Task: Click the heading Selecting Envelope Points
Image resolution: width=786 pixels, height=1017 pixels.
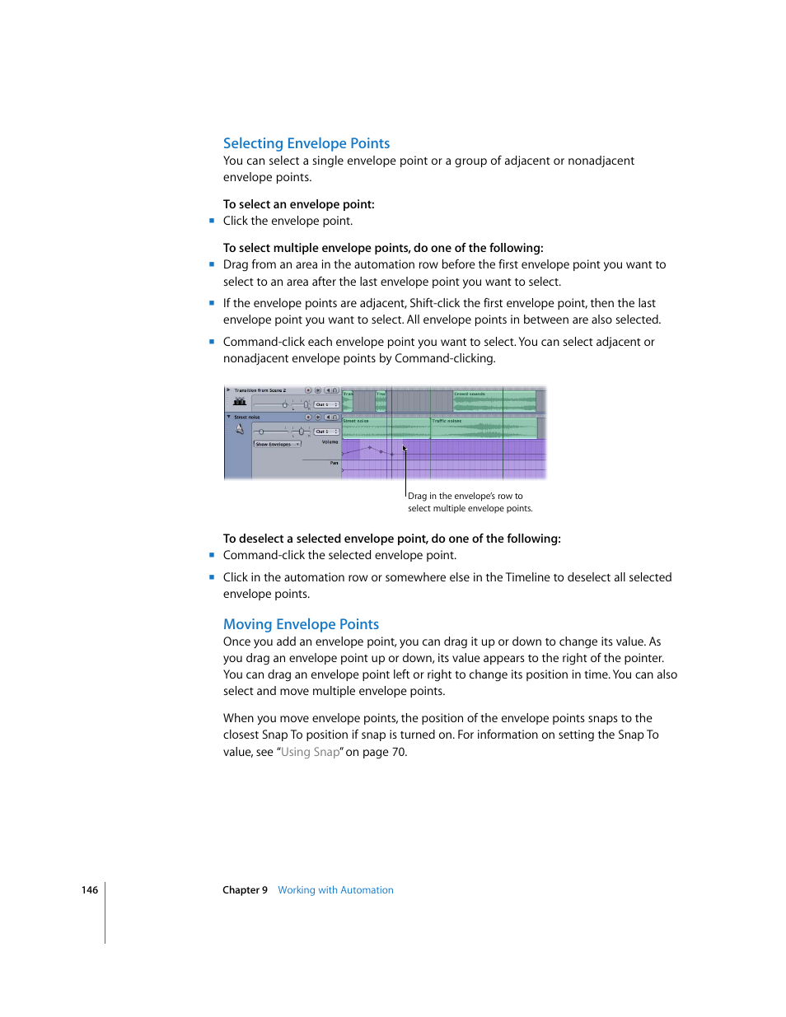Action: pyautogui.click(x=306, y=143)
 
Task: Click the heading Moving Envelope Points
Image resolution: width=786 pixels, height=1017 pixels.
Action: pyautogui.click(x=301, y=624)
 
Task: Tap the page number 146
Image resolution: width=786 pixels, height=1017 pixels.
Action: pyautogui.click(x=89, y=890)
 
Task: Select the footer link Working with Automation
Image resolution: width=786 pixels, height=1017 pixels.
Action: pyautogui.click(x=335, y=890)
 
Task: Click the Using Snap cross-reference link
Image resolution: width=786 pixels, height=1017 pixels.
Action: pyautogui.click(x=310, y=752)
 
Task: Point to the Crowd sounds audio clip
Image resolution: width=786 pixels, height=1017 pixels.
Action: pyautogui.click(x=494, y=402)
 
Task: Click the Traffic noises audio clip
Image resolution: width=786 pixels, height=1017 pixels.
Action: pyautogui.click(x=484, y=428)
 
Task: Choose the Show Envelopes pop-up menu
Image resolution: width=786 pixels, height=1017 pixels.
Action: pyautogui.click(x=277, y=444)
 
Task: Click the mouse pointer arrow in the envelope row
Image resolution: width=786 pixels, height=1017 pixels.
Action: pyautogui.click(x=405, y=449)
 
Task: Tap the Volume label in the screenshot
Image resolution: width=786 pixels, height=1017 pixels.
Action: pyautogui.click(x=330, y=442)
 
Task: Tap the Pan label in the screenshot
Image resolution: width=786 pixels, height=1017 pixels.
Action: pyautogui.click(x=334, y=463)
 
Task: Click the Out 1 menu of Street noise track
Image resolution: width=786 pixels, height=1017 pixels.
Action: pyautogui.click(x=326, y=432)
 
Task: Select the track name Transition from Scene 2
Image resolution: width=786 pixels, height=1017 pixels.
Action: pyautogui.click(x=260, y=390)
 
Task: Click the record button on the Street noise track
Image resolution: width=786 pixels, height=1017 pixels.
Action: pyautogui.click(x=308, y=418)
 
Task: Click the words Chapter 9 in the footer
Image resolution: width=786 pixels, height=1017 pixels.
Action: pyautogui.click(x=245, y=890)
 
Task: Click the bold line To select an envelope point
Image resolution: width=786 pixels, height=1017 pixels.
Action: pyautogui.click(x=298, y=204)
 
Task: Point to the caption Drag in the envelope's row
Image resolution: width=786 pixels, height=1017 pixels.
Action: pyautogui.click(x=465, y=497)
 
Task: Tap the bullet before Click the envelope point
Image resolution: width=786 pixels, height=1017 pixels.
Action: pyautogui.click(x=212, y=221)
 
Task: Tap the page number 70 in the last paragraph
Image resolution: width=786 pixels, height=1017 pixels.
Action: pyautogui.click(x=399, y=752)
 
